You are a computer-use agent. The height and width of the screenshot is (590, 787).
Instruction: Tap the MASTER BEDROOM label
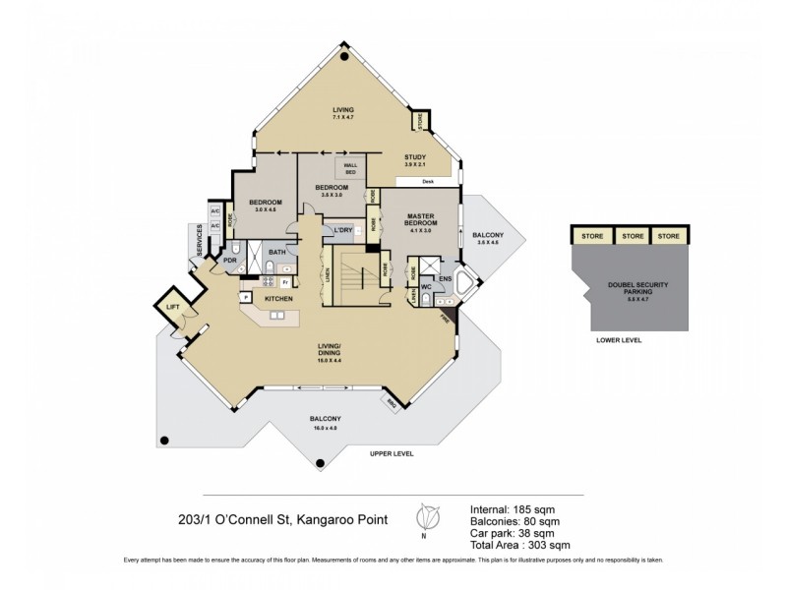click(x=420, y=224)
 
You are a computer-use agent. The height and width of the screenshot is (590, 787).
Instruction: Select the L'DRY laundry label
click(x=343, y=230)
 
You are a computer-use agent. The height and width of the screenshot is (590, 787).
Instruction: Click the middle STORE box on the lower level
click(x=633, y=236)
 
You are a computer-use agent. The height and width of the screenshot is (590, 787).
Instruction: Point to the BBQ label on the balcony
click(x=392, y=403)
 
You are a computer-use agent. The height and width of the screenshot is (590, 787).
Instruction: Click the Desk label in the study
click(x=428, y=182)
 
